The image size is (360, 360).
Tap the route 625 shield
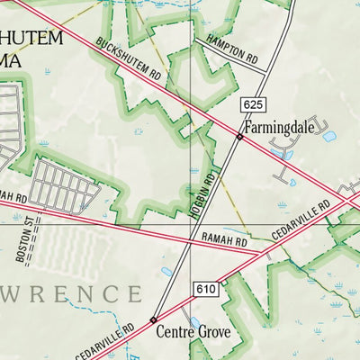[x=251, y=106]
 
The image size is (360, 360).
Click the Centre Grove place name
[x=193, y=332]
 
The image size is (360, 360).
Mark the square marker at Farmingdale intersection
[x=238, y=137]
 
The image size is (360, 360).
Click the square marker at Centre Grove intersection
[x=153, y=319]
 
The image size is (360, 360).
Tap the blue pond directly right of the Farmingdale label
[x=329, y=137]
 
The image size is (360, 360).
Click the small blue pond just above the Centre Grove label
[x=195, y=320]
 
